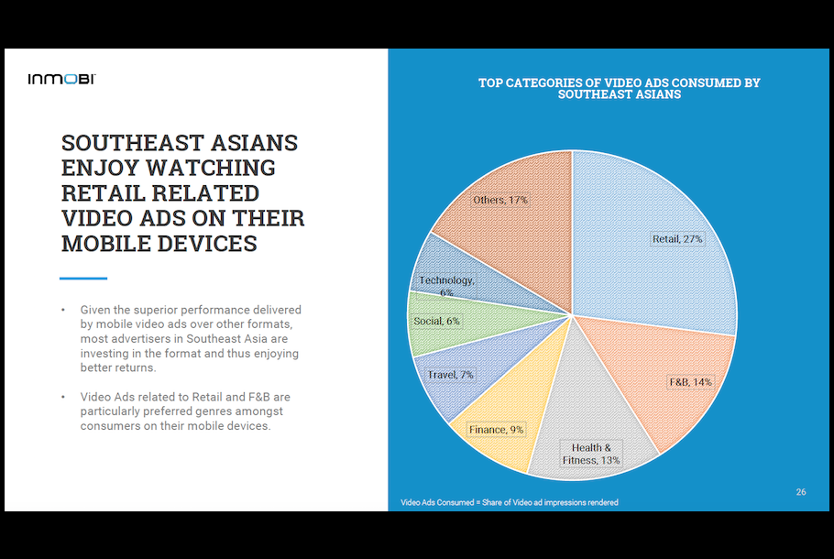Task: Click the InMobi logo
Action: [x=61, y=79]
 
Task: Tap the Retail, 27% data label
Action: [x=677, y=239]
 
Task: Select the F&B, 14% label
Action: [x=690, y=382]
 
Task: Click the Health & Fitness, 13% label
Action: [x=591, y=454]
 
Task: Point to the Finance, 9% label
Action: [x=496, y=429]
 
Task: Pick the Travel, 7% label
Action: [x=451, y=375]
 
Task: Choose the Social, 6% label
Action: [x=436, y=321]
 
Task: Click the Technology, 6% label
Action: [x=446, y=286]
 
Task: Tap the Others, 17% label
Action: [x=500, y=200]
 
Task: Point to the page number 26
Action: [x=801, y=492]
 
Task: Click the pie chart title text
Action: [x=620, y=88]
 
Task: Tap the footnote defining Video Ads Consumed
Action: [x=509, y=502]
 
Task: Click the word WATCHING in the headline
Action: [x=211, y=168]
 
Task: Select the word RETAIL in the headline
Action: [x=104, y=193]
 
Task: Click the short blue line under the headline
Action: [x=83, y=279]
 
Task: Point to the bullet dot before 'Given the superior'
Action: [x=63, y=309]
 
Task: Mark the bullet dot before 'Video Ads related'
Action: [x=63, y=396]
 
